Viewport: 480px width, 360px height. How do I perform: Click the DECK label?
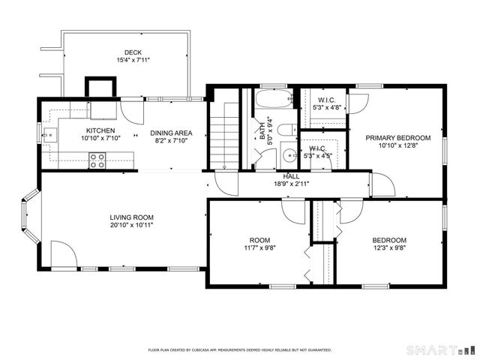click(133, 52)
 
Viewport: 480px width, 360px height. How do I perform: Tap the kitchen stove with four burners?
click(97, 158)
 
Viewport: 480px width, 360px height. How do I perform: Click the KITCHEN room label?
click(100, 130)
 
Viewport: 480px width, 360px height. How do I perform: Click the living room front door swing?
click(61, 256)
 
